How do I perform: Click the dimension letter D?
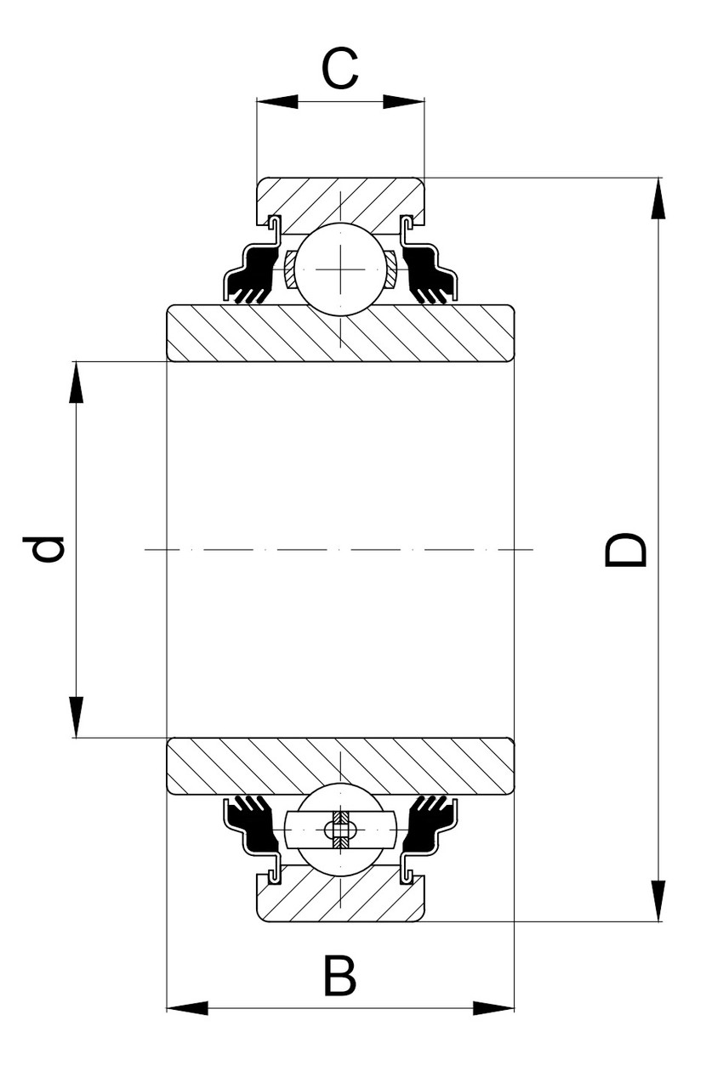click(627, 550)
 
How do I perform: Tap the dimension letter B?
click(340, 977)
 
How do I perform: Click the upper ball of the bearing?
click(340, 268)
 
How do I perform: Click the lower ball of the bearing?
click(340, 830)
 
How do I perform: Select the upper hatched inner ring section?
click(340, 333)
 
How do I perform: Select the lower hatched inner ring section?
click(340, 766)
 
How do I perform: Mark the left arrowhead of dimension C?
click(276, 102)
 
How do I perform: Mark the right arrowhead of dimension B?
click(494, 1008)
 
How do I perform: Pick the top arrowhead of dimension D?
click(658, 199)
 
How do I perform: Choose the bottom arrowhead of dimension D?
click(658, 901)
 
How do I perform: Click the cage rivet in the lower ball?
click(340, 830)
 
